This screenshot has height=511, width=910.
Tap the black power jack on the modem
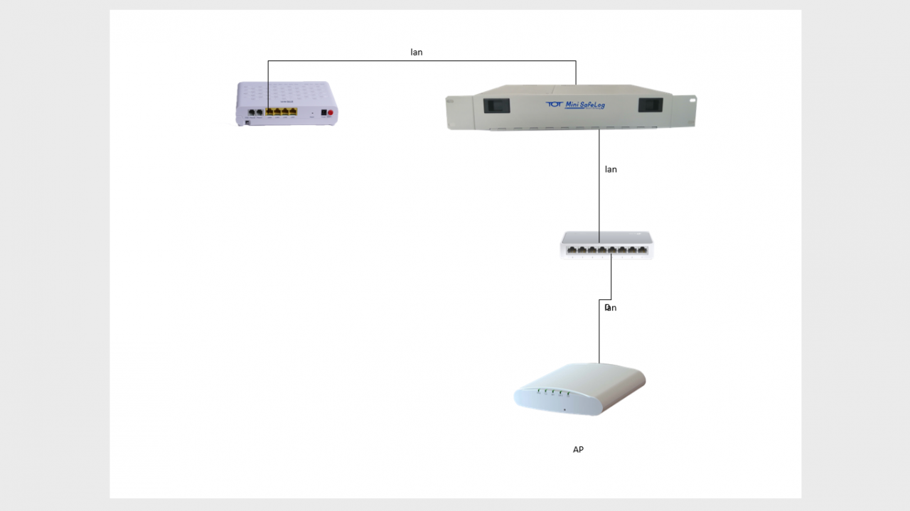[x=323, y=112]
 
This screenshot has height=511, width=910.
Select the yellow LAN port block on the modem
[x=280, y=112]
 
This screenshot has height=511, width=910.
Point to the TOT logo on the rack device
[x=554, y=104]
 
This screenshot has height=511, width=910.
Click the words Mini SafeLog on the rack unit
[x=585, y=105]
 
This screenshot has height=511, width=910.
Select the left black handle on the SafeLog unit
[x=496, y=106]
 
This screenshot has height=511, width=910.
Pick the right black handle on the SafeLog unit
[x=651, y=105]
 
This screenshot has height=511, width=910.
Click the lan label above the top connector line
[x=417, y=53]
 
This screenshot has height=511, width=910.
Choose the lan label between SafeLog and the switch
[x=611, y=169]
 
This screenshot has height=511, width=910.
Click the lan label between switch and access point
[x=610, y=308]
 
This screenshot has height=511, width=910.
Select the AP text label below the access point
[x=578, y=449]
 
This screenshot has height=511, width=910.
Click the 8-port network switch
[x=606, y=244]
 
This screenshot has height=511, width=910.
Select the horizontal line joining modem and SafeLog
[x=427, y=61]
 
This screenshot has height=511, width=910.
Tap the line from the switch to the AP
[x=599, y=334]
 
